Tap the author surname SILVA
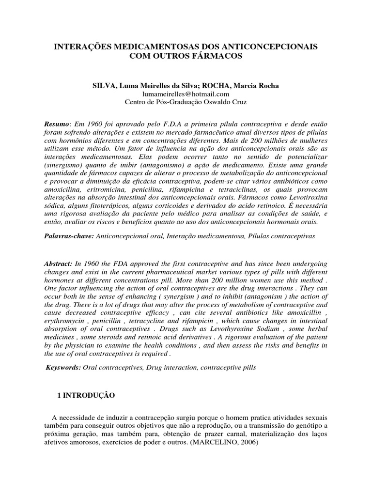(x=104, y=86)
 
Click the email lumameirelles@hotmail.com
(x=186, y=94)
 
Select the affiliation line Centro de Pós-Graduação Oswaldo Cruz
(x=186, y=102)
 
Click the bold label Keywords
(x=63, y=368)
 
